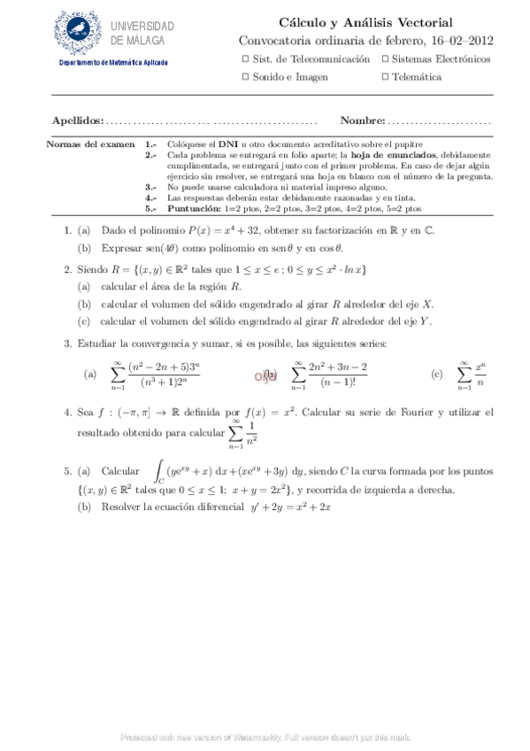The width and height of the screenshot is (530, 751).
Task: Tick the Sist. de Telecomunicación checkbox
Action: pos(245,58)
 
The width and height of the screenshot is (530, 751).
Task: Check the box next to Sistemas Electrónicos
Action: pos(384,58)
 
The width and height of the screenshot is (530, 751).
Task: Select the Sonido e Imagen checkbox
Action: pos(245,77)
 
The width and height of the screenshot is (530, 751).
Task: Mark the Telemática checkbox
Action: pos(384,77)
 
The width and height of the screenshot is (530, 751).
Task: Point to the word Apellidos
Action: pos(77,120)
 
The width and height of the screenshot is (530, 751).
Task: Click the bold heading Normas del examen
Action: pos(88,143)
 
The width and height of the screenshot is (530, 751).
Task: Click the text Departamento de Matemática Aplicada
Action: pos(112,62)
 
